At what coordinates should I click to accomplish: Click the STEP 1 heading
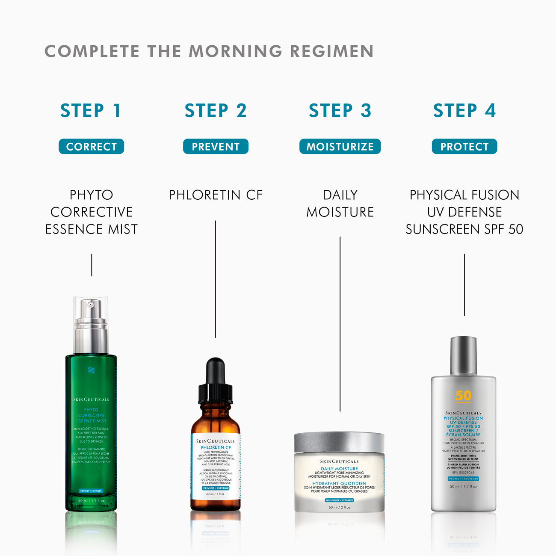(x=91, y=111)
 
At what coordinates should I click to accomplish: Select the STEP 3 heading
(x=340, y=111)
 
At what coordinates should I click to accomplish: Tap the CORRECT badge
(x=92, y=147)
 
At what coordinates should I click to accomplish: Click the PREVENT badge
(x=216, y=147)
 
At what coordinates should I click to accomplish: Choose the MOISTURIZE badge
(x=340, y=147)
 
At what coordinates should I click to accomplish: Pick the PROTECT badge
(x=464, y=147)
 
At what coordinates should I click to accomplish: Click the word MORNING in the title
(x=235, y=51)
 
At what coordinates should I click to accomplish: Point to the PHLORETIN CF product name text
(x=216, y=195)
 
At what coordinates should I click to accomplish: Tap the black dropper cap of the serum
(x=216, y=381)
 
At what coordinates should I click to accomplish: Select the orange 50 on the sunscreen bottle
(x=463, y=396)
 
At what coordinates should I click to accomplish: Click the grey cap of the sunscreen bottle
(x=464, y=355)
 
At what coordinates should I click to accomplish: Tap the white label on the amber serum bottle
(x=216, y=466)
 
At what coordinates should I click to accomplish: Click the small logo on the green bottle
(x=91, y=370)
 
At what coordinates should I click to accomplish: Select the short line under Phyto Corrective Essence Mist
(x=92, y=265)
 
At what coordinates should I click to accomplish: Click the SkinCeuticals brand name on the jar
(x=340, y=461)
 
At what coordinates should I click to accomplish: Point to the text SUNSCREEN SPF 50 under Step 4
(x=464, y=230)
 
